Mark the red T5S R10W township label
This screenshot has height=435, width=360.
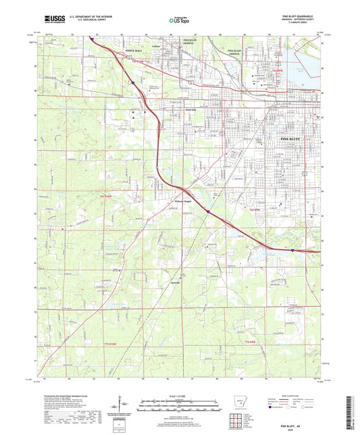click(x=138, y=62)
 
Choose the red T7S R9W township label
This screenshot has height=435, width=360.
click(x=251, y=343)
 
